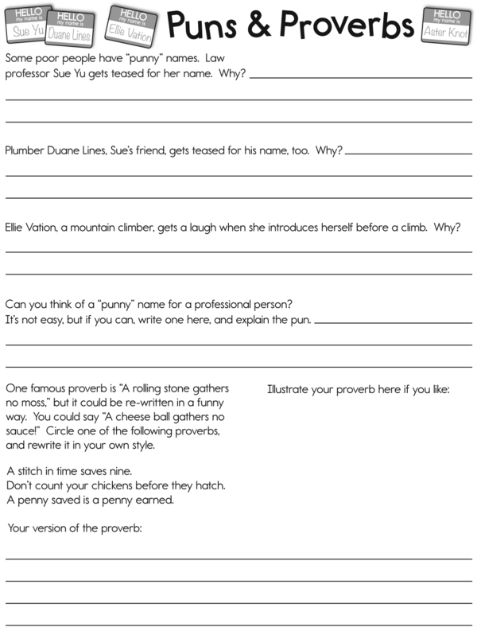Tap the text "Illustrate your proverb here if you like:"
coord(359,389)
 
